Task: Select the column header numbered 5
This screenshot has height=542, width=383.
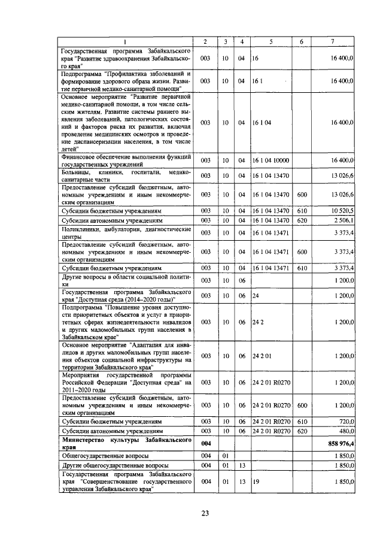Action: [270, 41]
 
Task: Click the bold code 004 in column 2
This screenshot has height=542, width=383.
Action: [205, 443]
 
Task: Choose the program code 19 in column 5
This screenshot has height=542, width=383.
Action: [256, 482]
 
